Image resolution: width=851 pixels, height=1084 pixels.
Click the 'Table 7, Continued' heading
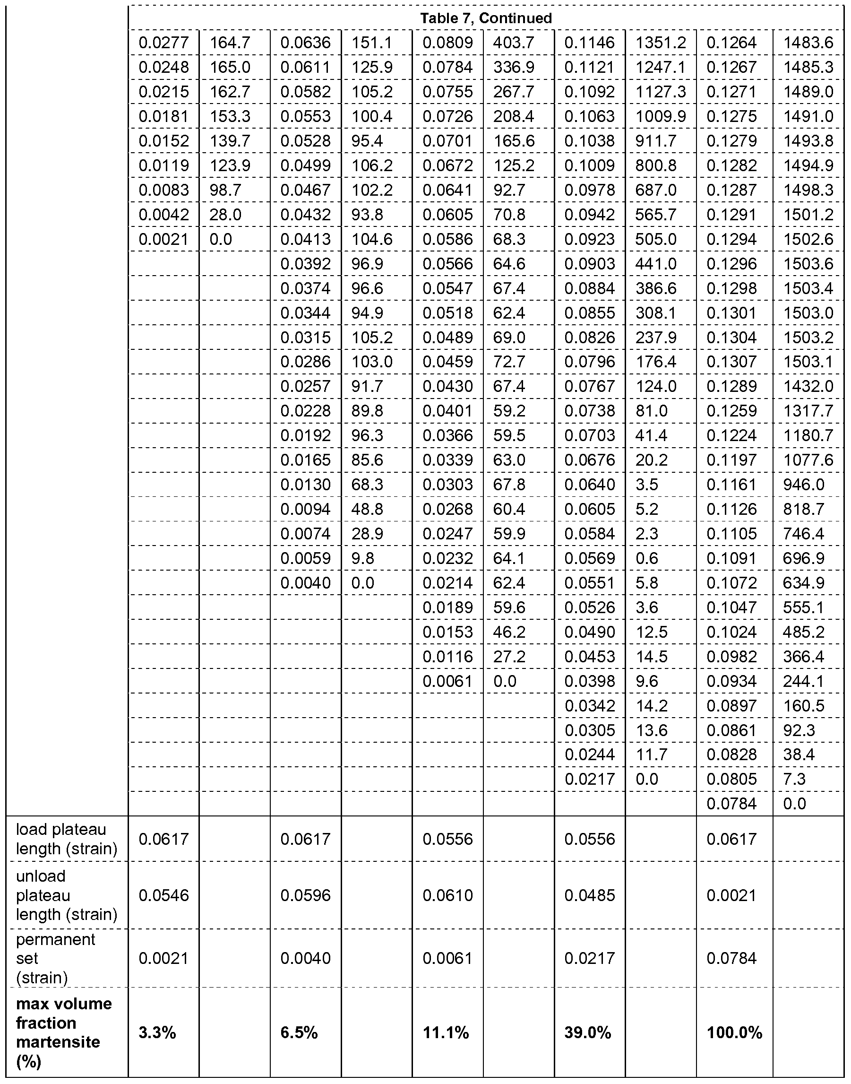click(x=486, y=18)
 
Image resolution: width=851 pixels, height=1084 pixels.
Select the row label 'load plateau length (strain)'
click(x=66, y=839)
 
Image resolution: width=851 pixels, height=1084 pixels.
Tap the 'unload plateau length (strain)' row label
click(x=66, y=895)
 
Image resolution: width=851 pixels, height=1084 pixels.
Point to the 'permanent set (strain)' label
click(x=55, y=958)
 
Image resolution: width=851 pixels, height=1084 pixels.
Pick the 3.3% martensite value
click(x=157, y=1032)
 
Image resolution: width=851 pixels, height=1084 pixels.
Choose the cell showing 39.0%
click(x=587, y=1032)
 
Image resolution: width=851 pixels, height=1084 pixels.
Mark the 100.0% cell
click(x=734, y=1032)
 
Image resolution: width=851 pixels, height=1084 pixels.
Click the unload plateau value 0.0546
click(x=163, y=895)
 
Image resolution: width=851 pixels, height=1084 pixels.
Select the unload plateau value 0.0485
click(x=589, y=895)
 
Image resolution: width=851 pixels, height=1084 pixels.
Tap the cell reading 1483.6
click(x=808, y=43)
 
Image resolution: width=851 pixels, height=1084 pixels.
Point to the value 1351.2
click(x=660, y=43)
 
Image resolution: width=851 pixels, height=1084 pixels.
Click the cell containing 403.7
click(x=513, y=43)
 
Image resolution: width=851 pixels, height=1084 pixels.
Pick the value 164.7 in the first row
click(x=230, y=43)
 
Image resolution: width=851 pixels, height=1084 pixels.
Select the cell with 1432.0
click(x=808, y=386)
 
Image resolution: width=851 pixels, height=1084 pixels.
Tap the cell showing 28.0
click(x=225, y=215)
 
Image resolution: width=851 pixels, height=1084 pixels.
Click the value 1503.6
click(x=808, y=264)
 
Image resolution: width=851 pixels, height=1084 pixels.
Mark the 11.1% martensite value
click(x=446, y=1032)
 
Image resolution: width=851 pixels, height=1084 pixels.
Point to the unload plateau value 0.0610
click(x=447, y=895)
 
